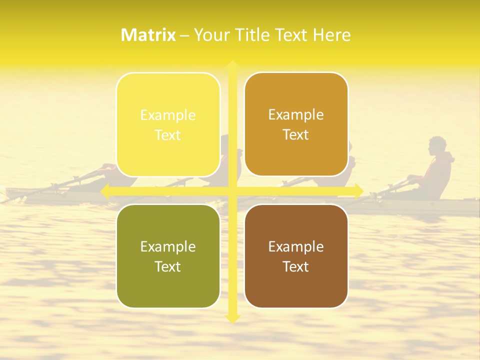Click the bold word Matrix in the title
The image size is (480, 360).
tap(148, 35)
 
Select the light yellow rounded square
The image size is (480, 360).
tap(168, 125)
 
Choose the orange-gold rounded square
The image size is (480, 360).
tap(296, 124)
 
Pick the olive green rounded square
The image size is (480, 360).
tap(168, 256)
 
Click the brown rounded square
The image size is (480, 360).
tap(296, 256)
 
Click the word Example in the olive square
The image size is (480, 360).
tap(168, 246)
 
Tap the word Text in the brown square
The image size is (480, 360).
tap(296, 266)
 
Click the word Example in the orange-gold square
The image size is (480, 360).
tap(296, 114)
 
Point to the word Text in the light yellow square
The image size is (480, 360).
tap(168, 135)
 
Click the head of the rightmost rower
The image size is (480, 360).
tap(436, 146)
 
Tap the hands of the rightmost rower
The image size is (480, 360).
tap(412, 178)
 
